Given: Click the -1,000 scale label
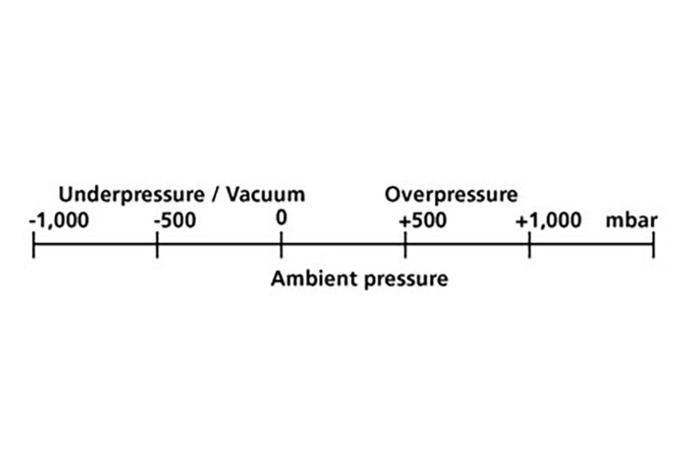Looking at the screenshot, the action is pyautogui.click(x=59, y=220).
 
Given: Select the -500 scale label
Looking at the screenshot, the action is pyautogui.click(x=175, y=220).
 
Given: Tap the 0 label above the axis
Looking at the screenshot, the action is pyautogui.click(x=281, y=218).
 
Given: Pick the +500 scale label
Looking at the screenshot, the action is pyautogui.click(x=423, y=220).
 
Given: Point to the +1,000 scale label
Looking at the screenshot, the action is pyautogui.click(x=548, y=220).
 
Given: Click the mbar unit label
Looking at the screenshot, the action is pyautogui.click(x=631, y=220).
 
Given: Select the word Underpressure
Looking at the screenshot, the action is pyautogui.click(x=131, y=195).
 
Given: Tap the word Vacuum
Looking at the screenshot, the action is pyautogui.click(x=266, y=195).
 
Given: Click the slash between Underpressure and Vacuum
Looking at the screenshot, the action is pyautogui.click(x=215, y=195).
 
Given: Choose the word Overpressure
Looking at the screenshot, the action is pyautogui.click(x=451, y=195).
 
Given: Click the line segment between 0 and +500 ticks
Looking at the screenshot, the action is pyautogui.click(x=343, y=244).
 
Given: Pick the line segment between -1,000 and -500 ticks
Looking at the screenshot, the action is pyautogui.click(x=95, y=244).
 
